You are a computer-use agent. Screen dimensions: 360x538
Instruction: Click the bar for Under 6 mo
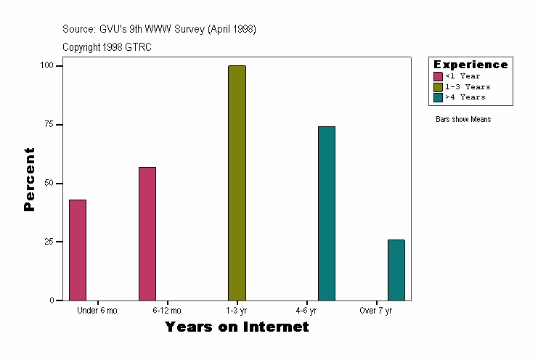point(78,250)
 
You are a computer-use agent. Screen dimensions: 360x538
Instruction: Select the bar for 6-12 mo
point(147,233)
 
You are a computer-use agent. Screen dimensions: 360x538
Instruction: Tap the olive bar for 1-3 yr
point(237,183)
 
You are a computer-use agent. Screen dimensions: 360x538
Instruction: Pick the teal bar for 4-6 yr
point(327,213)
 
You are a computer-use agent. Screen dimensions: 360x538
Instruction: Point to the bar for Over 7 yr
point(396,269)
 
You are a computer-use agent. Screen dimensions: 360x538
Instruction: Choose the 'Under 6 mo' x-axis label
point(97,311)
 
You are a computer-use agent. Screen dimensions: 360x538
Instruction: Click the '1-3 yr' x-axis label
point(237,311)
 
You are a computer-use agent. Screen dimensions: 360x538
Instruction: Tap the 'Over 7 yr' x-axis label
point(376,311)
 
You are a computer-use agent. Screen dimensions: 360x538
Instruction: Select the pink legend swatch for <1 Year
point(438,76)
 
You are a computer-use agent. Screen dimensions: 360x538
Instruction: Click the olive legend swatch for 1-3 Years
point(438,86)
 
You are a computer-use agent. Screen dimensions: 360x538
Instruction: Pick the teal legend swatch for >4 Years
point(438,97)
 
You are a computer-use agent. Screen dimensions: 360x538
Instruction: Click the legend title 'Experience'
point(470,65)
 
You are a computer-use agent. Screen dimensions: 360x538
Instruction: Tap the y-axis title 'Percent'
point(30,179)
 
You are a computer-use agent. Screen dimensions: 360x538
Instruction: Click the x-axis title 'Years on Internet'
point(237,327)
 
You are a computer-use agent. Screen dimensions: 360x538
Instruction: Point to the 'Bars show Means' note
point(463,119)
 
